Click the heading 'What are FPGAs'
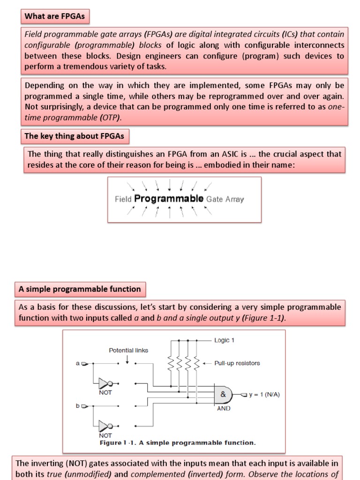(x=54, y=16)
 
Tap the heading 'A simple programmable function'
(x=80, y=289)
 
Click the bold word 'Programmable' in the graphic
(x=169, y=198)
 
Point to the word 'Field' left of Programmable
(x=123, y=199)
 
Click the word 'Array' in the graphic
(x=234, y=199)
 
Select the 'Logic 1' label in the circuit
(x=224, y=340)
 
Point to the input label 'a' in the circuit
(x=78, y=363)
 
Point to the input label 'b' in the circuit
(x=78, y=405)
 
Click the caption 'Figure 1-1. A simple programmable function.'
(x=178, y=442)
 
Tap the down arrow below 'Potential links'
(x=127, y=359)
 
